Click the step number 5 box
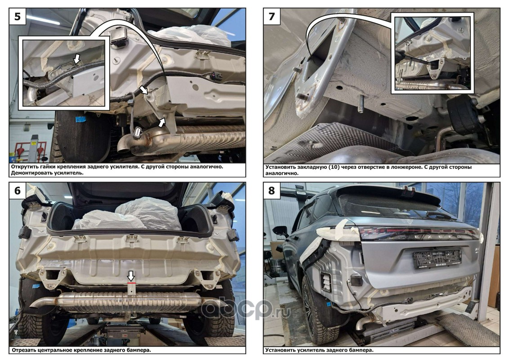[18, 16]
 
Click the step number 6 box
[18, 190]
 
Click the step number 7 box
[272, 16]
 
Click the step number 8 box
[272, 190]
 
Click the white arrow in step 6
[131, 276]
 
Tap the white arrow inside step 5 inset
[76, 59]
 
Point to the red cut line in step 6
[131, 283]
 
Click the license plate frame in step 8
[437, 258]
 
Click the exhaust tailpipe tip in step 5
[124, 145]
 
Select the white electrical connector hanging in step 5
[137, 133]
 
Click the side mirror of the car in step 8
[281, 231]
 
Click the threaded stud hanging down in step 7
[361, 103]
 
